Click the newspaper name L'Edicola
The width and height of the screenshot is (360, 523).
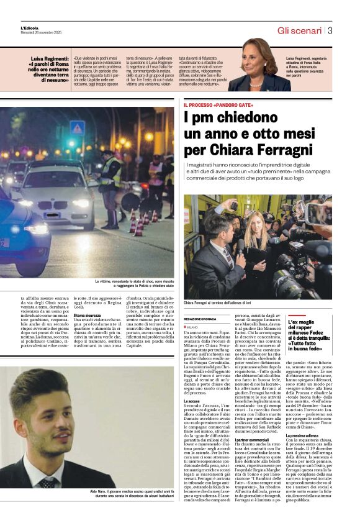click(x=30, y=28)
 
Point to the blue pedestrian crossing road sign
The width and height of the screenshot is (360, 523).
click(x=78, y=128)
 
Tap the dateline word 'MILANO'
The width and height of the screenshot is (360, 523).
click(x=192, y=326)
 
